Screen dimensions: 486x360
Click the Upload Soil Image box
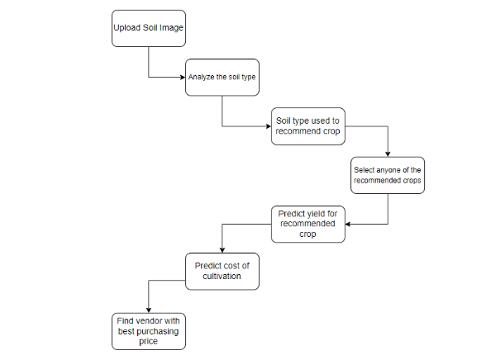149,28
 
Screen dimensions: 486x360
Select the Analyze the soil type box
222,77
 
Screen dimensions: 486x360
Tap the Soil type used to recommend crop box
308,126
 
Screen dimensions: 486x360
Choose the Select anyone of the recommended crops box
388,175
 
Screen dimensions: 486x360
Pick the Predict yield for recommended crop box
308,224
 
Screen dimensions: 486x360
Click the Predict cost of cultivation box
222,271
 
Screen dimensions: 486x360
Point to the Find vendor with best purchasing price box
149,331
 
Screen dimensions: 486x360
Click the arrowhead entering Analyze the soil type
183,77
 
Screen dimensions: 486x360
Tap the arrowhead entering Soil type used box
269,126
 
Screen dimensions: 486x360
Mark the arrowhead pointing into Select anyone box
388,154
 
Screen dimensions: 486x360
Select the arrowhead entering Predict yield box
348,224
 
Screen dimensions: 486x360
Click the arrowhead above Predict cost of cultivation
222,250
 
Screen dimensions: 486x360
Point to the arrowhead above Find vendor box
149,310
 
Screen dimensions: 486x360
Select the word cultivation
222,276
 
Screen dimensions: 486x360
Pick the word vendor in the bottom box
150,320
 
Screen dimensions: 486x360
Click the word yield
315,214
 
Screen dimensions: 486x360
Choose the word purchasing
157,332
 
